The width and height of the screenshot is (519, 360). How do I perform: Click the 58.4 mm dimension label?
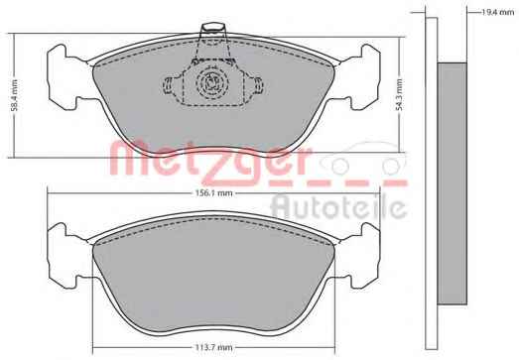[x=14, y=95]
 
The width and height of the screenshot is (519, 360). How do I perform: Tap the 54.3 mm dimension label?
[x=399, y=94]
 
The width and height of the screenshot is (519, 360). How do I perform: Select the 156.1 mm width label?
[x=213, y=193]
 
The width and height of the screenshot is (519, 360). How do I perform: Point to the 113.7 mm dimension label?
[x=213, y=347]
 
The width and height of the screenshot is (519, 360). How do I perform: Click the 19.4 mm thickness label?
[x=497, y=13]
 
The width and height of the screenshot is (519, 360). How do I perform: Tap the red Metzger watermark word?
[x=209, y=161]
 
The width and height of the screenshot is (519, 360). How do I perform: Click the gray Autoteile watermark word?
[x=338, y=207]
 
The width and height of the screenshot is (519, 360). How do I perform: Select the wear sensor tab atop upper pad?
[x=212, y=30]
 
